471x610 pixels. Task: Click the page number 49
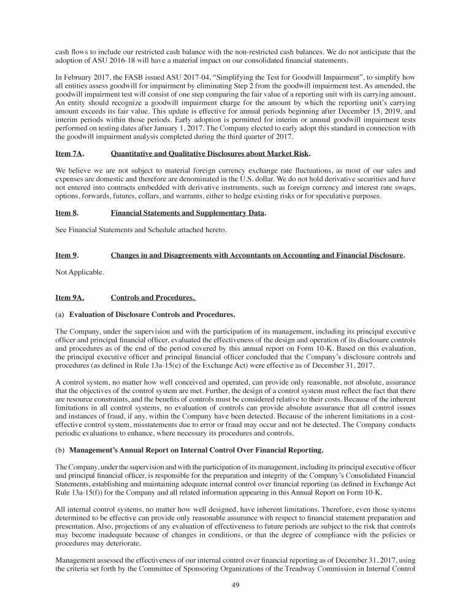point(235,585)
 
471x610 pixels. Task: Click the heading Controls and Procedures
point(153,299)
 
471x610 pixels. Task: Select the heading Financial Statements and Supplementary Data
point(188,213)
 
